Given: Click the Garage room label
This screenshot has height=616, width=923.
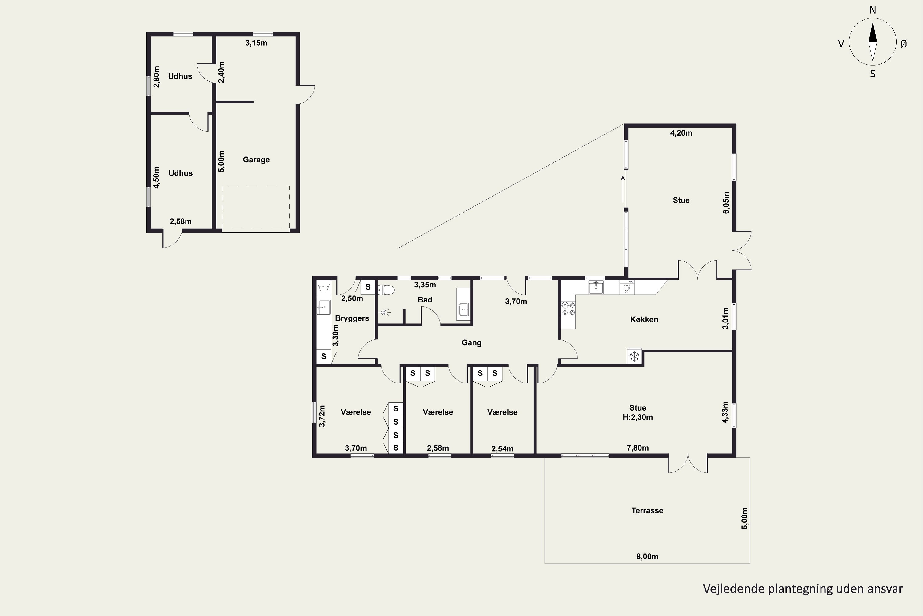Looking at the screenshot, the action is click(256, 160).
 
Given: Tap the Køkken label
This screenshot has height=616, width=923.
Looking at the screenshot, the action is click(644, 319).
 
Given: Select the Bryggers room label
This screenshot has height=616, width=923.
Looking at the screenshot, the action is click(352, 318).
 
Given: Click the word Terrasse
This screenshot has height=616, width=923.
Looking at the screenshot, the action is click(647, 510).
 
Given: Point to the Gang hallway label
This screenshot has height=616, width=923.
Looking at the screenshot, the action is click(471, 342).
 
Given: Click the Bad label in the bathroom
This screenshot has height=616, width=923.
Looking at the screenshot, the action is click(425, 300).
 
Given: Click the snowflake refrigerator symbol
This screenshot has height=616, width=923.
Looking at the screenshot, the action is click(634, 356).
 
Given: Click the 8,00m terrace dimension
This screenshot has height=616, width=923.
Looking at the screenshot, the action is click(647, 556).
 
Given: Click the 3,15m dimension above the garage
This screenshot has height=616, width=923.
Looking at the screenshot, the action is click(256, 43).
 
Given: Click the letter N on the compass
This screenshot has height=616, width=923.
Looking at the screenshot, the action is click(872, 10).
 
